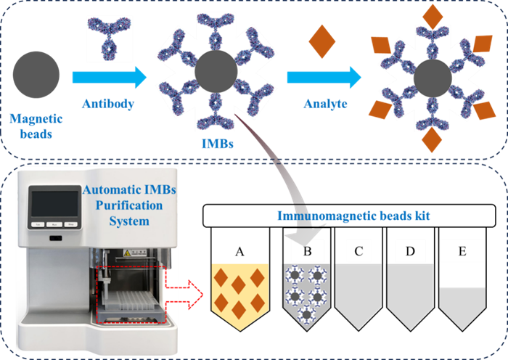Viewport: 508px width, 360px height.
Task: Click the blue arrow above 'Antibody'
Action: point(107,74)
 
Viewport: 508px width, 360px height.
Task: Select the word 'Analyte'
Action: point(327,104)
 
